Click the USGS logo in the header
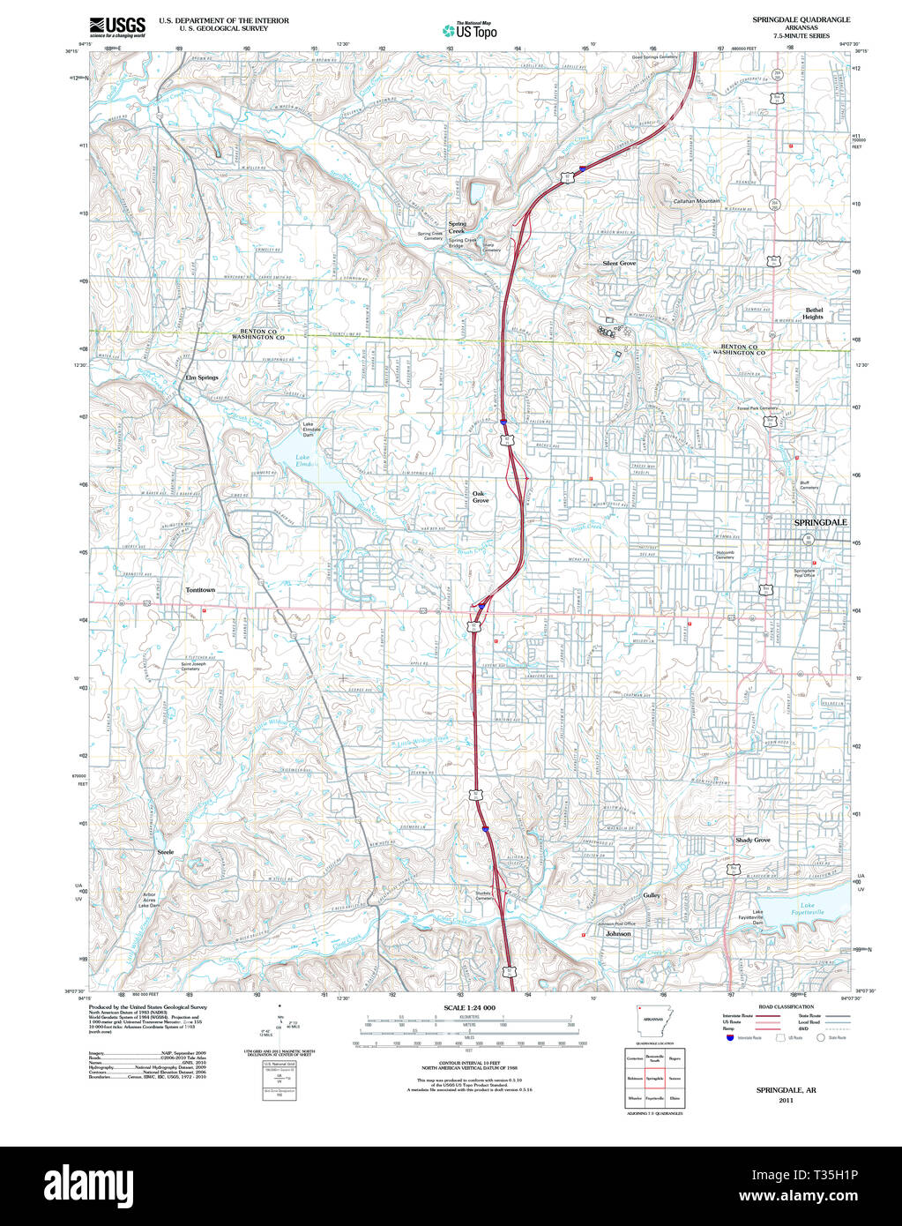coord(116,26)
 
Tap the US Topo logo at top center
coord(469,28)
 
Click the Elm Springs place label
coord(201,378)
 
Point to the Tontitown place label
coord(200,589)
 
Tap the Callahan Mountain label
coord(697,201)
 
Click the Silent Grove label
coord(619,263)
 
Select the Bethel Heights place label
coord(813,313)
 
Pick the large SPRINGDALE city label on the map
coord(820,522)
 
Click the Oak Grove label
coord(480,497)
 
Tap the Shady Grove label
coord(753,840)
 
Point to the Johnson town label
coord(618,932)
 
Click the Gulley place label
coord(652,895)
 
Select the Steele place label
coord(166,852)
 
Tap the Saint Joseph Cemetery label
coord(190,666)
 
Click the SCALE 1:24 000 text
coord(469,1007)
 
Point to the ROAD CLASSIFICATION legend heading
coord(787,1006)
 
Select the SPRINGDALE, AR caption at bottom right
coord(786,1090)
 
